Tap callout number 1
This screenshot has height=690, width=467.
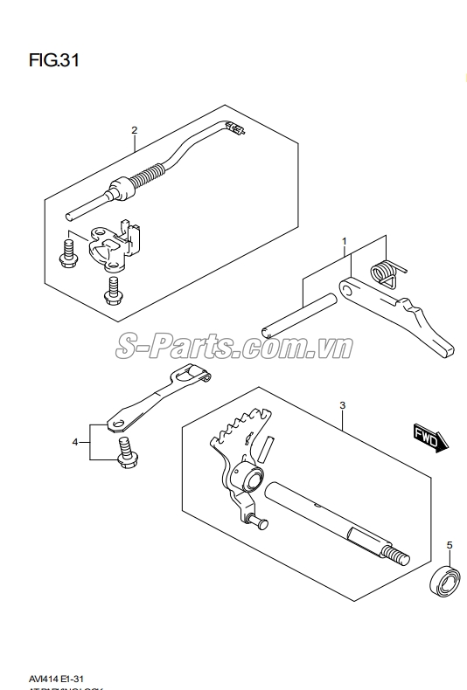point(345,240)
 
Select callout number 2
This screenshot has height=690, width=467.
point(135,131)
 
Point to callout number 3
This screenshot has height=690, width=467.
point(343,405)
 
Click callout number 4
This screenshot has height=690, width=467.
point(76,441)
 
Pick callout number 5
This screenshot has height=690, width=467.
point(450,546)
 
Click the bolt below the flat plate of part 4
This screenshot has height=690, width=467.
point(124,451)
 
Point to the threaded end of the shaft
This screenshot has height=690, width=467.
point(395,555)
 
